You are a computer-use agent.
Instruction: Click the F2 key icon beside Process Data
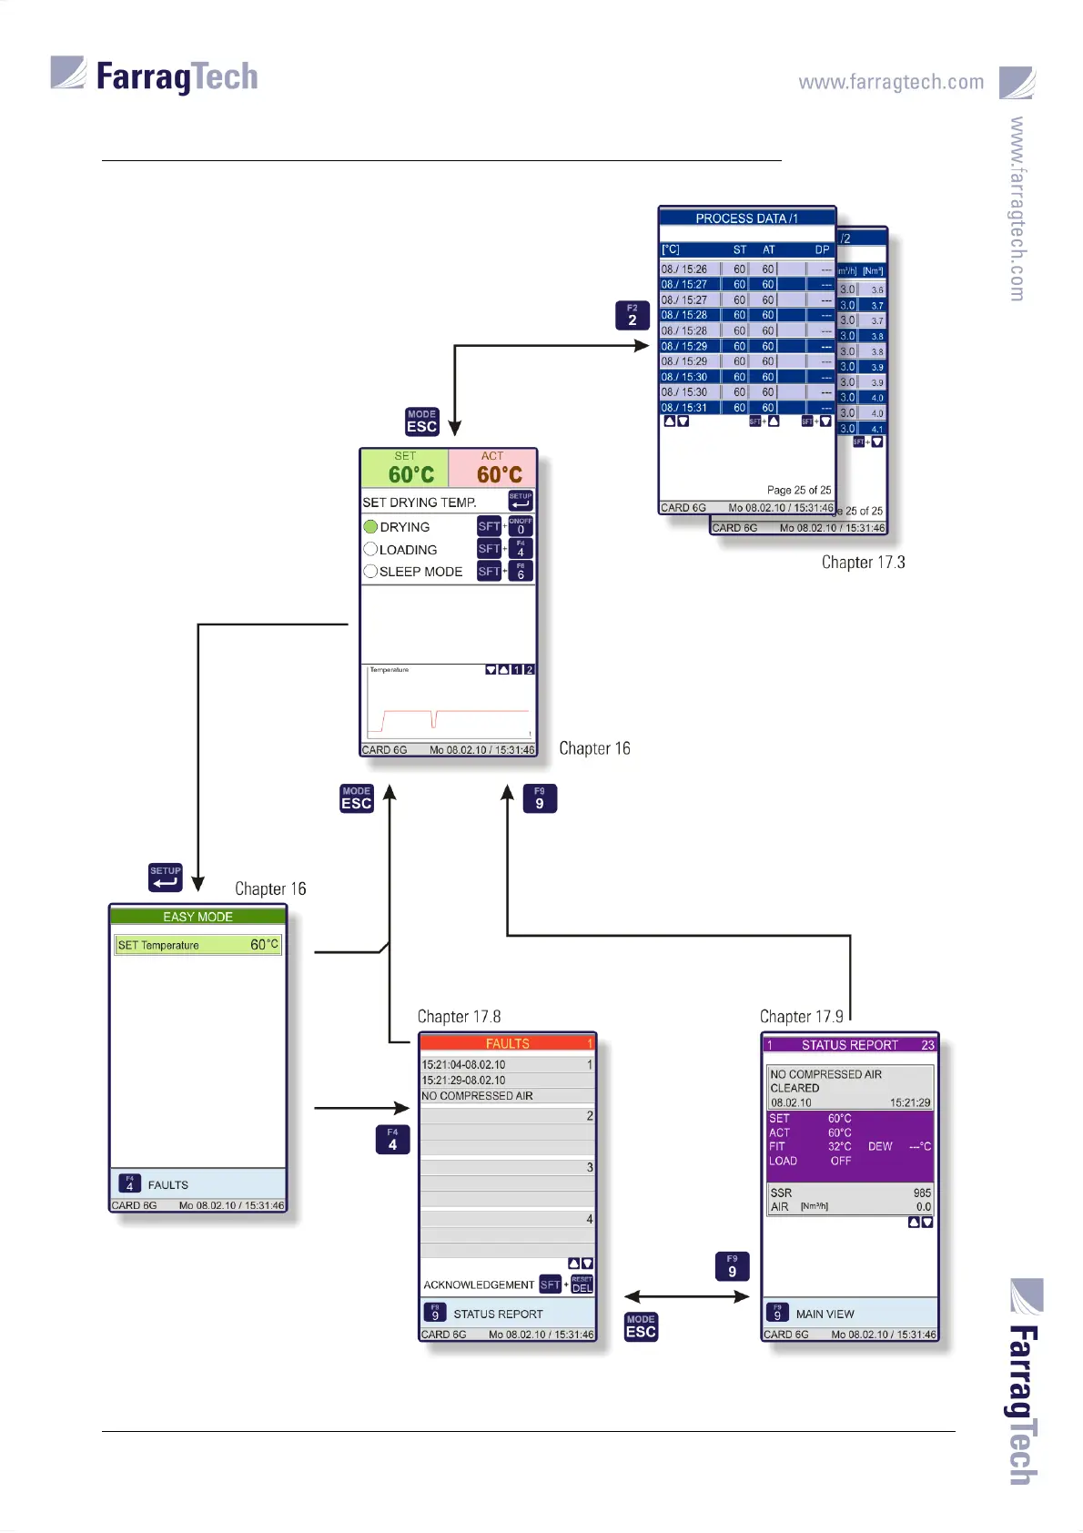tap(632, 315)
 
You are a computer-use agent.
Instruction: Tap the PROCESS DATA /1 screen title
tap(746, 218)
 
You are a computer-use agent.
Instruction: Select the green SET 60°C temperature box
tap(406, 468)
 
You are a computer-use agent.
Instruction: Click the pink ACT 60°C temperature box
tap(492, 468)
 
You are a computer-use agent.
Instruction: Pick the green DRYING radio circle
tap(370, 527)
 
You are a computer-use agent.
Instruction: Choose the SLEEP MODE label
tap(420, 572)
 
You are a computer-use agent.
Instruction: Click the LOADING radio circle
tap(370, 549)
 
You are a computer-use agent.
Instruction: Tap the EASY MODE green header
tap(197, 917)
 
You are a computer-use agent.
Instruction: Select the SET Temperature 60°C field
tap(197, 945)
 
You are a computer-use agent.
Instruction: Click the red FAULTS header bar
tap(507, 1043)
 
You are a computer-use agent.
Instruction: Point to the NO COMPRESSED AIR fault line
tap(477, 1096)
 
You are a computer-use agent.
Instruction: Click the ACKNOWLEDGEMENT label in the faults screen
tap(479, 1285)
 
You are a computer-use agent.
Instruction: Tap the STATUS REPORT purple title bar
tap(849, 1045)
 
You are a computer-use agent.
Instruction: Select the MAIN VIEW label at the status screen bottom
tap(825, 1315)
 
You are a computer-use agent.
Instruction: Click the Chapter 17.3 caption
tap(863, 563)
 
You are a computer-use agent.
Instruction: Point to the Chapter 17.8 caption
tap(459, 1017)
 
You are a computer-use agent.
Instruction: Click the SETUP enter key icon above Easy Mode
tap(166, 878)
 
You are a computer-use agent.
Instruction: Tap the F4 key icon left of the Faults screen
tap(392, 1140)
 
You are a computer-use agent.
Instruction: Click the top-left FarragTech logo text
tap(177, 76)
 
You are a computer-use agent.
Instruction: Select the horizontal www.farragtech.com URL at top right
tap(891, 82)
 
